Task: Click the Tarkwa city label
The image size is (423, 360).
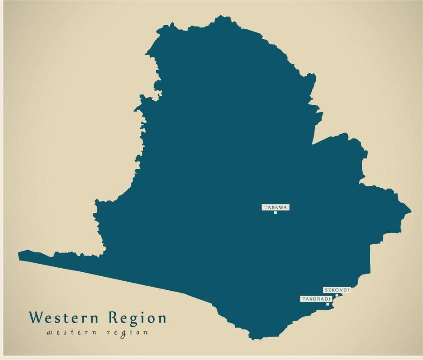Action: [275, 207]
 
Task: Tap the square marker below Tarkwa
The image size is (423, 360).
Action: [275, 212]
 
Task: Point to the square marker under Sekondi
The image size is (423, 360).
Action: [337, 295]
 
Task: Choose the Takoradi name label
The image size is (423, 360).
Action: [316, 299]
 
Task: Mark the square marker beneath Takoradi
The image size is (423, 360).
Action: [327, 304]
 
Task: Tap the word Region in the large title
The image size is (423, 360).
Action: [137, 318]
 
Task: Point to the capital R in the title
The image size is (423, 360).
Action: [114, 317]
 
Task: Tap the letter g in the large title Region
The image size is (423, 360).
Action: [134, 320]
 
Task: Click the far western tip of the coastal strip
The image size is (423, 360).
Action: [19, 256]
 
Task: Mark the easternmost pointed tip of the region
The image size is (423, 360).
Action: [410, 209]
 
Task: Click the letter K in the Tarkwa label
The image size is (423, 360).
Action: [276, 207]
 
